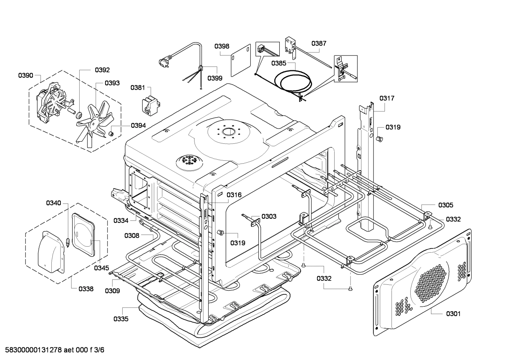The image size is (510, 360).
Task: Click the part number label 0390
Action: point(26,76)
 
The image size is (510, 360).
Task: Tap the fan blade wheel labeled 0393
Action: point(94,123)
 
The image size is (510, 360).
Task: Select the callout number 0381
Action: point(138,88)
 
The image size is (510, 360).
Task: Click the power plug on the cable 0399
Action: point(164,61)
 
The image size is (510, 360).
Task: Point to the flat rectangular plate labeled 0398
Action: point(241,60)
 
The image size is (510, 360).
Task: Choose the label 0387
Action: point(319,43)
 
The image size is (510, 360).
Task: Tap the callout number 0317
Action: point(387,98)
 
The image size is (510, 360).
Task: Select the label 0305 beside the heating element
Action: point(446,205)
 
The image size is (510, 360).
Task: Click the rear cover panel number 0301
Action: point(453,314)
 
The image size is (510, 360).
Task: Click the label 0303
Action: point(269,216)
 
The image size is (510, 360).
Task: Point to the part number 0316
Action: point(234,195)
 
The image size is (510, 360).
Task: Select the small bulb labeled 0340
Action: point(68,242)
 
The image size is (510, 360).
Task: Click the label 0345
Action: point(102,268)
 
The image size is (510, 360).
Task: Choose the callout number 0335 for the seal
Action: point(121,319)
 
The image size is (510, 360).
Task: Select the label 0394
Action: point(138,125)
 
